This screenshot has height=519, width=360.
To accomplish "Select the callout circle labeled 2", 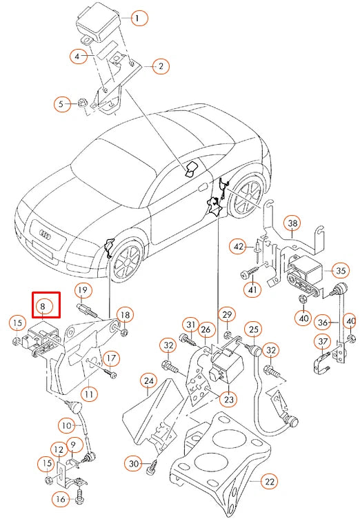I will tap(160, 66).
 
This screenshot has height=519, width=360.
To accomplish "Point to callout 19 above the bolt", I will tap(83, 289).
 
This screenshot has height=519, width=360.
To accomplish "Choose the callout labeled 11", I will tap(88, 394).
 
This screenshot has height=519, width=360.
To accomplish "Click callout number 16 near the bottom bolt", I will tap(61, 499).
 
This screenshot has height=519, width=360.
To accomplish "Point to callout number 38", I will tap(293, 223).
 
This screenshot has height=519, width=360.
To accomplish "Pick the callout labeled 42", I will tap(239, 247).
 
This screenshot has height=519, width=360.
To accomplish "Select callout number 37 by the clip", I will tap(322, 341).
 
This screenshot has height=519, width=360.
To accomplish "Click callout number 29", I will tap(227, 315).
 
